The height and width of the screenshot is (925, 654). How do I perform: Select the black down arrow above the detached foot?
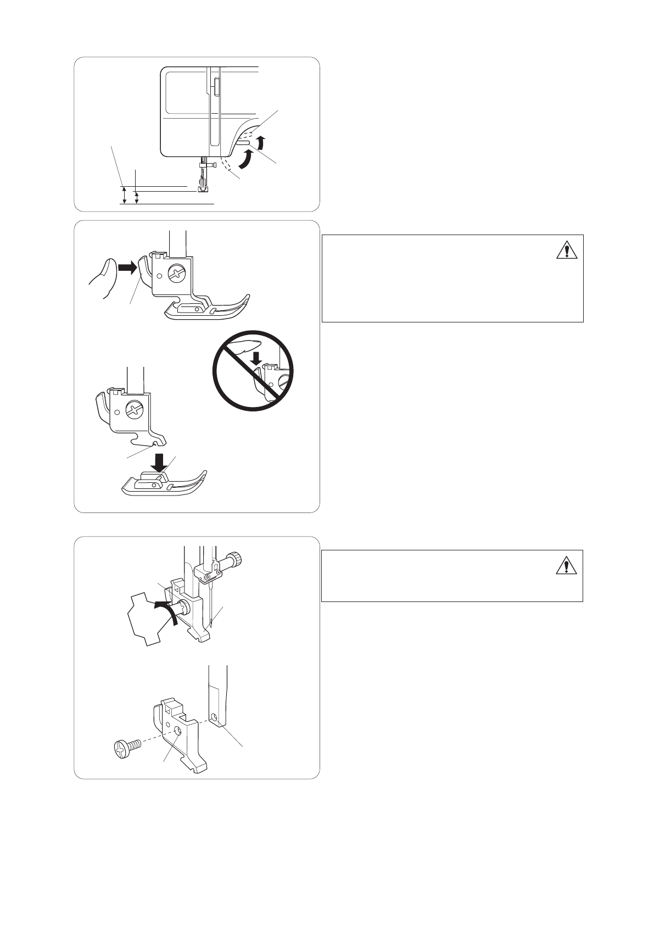coord(160,464)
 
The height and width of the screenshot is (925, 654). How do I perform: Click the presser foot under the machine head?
coord(203,188)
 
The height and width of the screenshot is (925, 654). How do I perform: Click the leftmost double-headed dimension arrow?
coord(124,195)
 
